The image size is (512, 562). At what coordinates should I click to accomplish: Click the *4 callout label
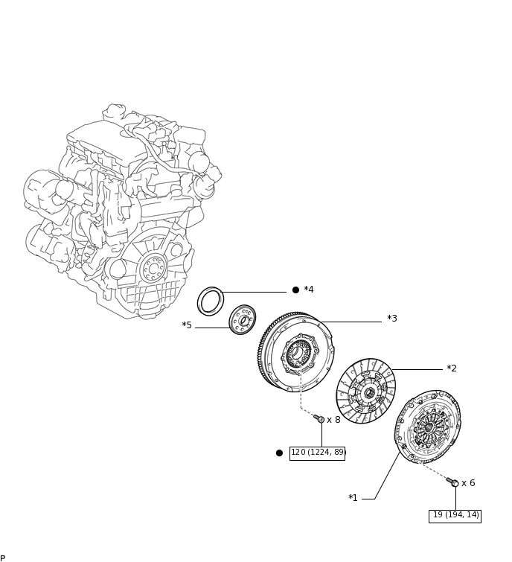point(309,290)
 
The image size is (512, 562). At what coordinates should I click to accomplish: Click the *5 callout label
point(187,325)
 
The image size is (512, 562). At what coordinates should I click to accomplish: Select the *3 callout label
point(392,319)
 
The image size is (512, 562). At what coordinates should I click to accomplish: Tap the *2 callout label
point(452,368)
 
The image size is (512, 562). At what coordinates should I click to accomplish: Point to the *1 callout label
point(353,498)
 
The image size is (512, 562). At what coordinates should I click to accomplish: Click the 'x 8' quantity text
point(333,420)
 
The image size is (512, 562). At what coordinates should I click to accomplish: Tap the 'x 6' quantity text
point(468,483)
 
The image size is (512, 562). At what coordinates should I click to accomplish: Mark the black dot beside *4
point(295,290)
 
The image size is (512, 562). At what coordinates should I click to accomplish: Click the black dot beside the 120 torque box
point(279,453)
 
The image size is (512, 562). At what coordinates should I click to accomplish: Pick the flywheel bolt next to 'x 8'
point(319,419)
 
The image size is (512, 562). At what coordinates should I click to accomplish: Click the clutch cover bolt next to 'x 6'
point(452,482)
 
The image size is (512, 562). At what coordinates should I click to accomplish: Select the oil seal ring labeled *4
point(211,301)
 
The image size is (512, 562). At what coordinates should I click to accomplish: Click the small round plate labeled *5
point(243,320)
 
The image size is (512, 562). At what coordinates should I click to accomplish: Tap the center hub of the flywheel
point(298,354)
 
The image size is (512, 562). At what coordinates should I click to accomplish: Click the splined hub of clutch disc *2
point(369,392)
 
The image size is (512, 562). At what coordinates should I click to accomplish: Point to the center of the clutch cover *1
point(428,427)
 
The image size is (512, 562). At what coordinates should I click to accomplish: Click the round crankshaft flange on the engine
point(153,268)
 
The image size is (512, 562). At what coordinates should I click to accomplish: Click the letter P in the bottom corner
point(3,558)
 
